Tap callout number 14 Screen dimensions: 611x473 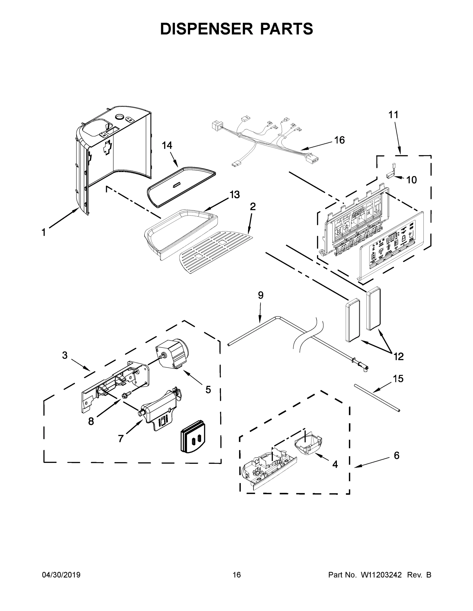(x=167, y=145)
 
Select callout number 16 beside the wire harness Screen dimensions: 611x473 (x=340, y=140)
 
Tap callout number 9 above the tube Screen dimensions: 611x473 (x=261, y=295)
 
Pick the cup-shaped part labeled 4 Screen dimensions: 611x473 (x=308, y=445)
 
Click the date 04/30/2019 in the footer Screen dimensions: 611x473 (x=61, y=575)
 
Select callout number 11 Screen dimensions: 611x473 (x=393, y=115)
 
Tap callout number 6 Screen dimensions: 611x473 (x=397, y=455)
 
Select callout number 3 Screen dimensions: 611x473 (x=65, y=355)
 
